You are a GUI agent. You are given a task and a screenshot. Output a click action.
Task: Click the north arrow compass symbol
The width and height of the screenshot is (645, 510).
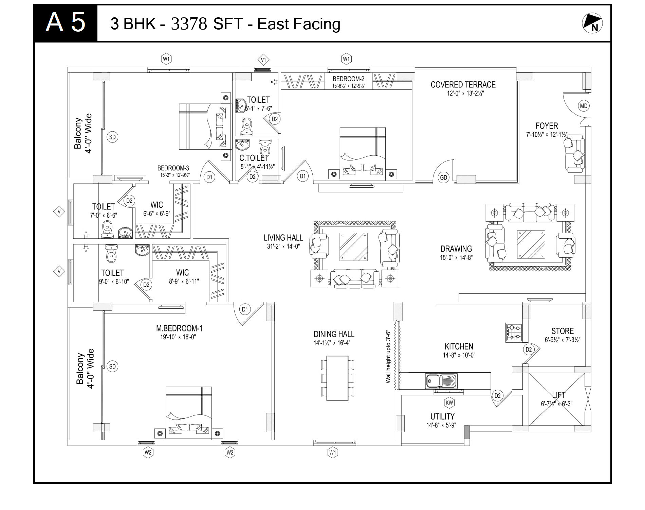tap(592, 23)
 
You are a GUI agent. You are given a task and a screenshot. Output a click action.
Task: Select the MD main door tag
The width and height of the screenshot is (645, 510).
tap(584, 106)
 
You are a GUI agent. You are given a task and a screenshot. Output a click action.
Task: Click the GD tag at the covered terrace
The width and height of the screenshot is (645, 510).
tap(444, 177)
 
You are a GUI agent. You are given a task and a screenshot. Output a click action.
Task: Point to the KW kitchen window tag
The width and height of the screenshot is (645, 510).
tap(449, 403)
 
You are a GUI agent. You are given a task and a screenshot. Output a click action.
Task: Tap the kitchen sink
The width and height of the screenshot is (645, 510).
tap(441, 380)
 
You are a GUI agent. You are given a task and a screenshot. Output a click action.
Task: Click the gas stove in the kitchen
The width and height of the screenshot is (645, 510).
tap(514, 333)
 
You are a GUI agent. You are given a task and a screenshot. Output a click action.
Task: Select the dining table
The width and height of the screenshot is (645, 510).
tap(337, 378)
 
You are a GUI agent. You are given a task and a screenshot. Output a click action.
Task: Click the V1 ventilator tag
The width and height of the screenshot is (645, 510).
tap(263, 60)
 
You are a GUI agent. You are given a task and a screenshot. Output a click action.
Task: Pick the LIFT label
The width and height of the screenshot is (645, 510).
tap(558, 395)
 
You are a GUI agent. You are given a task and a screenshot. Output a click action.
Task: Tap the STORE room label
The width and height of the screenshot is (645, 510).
tap(563, 331)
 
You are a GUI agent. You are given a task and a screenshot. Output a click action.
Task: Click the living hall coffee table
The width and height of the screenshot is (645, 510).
tap(354, 247)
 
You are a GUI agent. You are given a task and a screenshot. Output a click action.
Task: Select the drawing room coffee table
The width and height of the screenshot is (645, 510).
tap(531, 244)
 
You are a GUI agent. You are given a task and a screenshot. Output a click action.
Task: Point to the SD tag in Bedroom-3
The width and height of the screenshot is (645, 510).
tap(112, 137)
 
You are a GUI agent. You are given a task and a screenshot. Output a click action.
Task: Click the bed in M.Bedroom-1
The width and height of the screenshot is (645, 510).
tap(189, 413)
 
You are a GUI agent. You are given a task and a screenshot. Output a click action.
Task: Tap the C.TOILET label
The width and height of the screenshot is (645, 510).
tap(254, 158)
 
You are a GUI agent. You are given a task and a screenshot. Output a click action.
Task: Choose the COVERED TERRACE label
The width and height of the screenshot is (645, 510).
tap(463, 85)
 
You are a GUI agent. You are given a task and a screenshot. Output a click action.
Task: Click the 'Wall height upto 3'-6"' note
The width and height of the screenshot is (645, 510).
tap(388, 357)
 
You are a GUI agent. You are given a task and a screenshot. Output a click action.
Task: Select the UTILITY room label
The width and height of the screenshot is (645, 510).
tap(442, 417)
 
